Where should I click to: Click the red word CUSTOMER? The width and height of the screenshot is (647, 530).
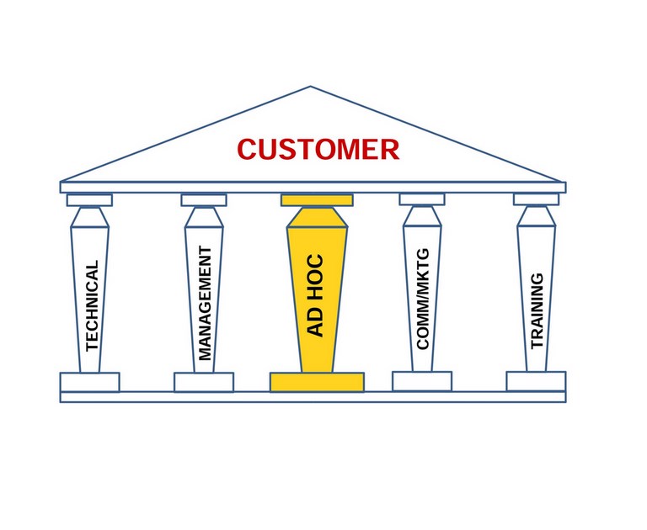pos(318,149)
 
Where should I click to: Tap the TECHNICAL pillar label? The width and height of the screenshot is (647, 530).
pos(92,305)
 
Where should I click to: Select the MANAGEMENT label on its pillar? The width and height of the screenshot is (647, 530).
pos(205,304)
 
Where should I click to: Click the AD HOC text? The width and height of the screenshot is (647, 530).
pos(316,295)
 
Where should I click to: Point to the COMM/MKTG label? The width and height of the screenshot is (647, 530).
pos(423,299)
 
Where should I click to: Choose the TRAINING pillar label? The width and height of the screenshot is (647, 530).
pos(537,310)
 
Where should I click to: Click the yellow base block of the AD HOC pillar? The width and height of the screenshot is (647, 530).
pos(317,382)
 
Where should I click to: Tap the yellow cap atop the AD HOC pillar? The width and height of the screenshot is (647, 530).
pos(317,201)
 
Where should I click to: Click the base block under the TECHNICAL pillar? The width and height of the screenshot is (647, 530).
pos(89,383)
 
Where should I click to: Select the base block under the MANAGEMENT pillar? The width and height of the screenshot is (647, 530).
pos(204,383)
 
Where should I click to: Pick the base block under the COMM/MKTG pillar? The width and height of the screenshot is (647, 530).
pos(422,381)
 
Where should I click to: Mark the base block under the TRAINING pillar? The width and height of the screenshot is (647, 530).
pos(536,381)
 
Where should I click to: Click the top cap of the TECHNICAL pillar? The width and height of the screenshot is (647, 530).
pos(89,200)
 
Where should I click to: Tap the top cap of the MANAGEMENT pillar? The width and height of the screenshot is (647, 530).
pos(204,200)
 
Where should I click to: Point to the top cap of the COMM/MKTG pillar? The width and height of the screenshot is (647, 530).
pos(422,199)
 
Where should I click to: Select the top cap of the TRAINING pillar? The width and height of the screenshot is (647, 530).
pos(537,199)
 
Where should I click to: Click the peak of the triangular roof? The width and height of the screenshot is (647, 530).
pos(311,86)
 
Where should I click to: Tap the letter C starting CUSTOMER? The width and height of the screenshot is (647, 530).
pos(247,149)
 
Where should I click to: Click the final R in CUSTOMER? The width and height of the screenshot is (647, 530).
pos(390,149)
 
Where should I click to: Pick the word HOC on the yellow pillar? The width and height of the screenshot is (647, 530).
pos(316,276)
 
